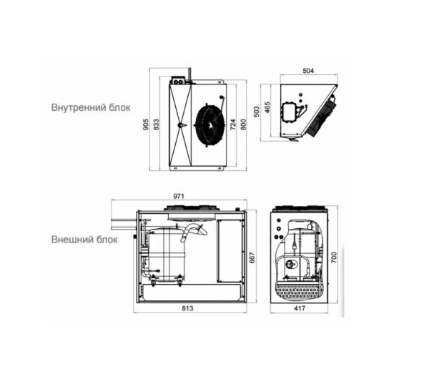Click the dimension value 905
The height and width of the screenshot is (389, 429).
(146, 124)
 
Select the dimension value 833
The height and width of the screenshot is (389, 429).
(156, 124)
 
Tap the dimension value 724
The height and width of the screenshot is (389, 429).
(232, 124)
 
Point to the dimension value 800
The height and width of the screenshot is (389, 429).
(243, 124)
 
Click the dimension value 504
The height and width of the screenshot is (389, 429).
(308, 71)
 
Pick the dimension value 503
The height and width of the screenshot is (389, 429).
(257, 112)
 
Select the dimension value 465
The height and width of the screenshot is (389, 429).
(267, 107)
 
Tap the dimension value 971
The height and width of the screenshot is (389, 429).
(179, 196)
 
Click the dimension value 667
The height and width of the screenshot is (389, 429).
(252, 258)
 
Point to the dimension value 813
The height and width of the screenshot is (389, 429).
(187, 308)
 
